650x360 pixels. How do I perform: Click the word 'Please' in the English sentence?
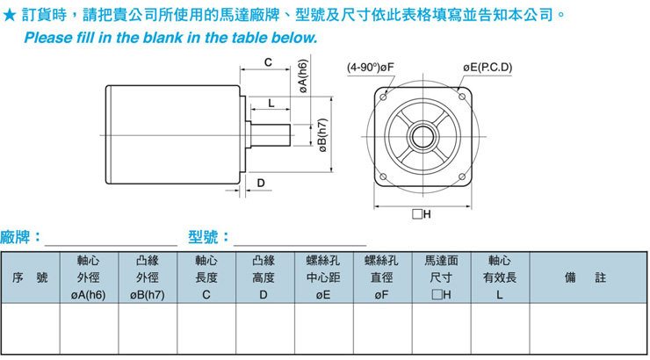pos(46,39)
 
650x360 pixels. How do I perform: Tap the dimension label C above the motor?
pos(268,62)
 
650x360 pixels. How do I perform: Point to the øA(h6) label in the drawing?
pos(301,76)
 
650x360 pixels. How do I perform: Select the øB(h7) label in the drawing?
pos(322,136)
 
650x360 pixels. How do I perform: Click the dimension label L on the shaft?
pos(271,103)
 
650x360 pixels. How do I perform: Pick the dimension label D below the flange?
pos(262,182)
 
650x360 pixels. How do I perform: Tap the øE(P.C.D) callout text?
pos(487,68)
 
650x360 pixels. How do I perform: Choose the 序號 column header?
pos(30,277)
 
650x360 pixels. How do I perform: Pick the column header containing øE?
pos(323,277)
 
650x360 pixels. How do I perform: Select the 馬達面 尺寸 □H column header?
pos(441,277)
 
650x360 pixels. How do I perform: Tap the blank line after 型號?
pos(299,239)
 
